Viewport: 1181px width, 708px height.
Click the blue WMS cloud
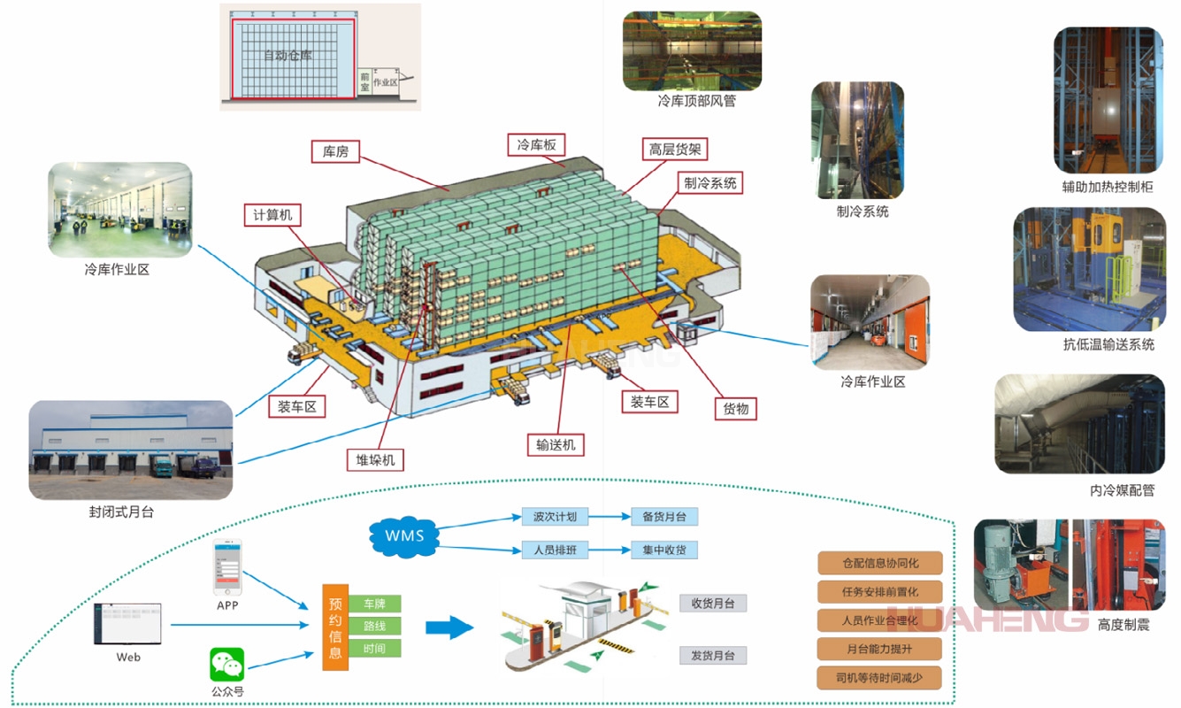(x=404, y=535)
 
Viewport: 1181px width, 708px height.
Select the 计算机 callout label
(x=272, y=215)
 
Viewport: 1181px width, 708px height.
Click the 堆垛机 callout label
(x=374, y=459)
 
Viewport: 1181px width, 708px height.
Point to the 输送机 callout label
(x=555, y=444)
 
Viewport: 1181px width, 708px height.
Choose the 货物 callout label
(x=735, y=408)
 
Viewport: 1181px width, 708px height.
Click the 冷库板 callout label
(x=536, y=144)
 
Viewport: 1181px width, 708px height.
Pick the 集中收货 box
(x=664, y=550)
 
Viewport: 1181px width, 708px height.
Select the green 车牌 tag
(x=374, y=604)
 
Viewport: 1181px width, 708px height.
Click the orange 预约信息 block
(x=335, y=627)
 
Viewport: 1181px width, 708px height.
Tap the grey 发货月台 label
(x=713, y=655)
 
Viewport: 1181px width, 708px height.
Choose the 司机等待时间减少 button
(x=879, y=679)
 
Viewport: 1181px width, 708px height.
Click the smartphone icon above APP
(x=227, y=568)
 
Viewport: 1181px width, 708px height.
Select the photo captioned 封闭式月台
(x=131, y=450)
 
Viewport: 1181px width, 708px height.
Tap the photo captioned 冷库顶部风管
(x=692, y=50)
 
